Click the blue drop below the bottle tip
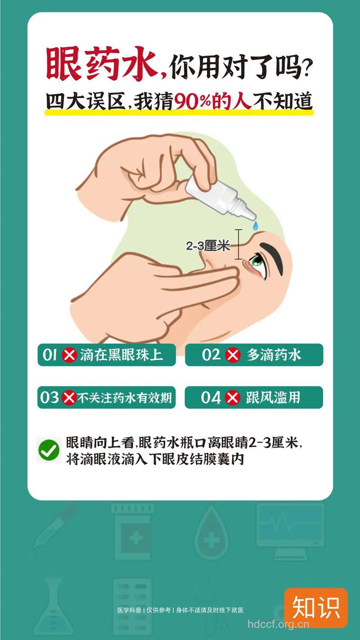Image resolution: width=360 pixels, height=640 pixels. [255, 225]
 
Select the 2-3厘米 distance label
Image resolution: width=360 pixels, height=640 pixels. [208, 246]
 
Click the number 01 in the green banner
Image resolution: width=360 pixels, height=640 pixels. [50, 355]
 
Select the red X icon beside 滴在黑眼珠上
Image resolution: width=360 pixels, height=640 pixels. [69, 356]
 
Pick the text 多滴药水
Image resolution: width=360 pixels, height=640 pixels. [274, 356]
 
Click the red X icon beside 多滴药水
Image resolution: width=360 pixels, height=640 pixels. [233, 356]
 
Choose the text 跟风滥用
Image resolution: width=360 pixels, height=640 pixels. [273, 398]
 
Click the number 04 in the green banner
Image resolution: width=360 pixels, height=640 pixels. [211, 398]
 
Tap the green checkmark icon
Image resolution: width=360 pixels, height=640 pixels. [49, 450]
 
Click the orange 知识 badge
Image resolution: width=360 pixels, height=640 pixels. [315, 608]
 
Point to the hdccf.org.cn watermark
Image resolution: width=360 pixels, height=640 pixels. [279, 624]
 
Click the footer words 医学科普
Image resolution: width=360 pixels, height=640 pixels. [129, 610]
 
